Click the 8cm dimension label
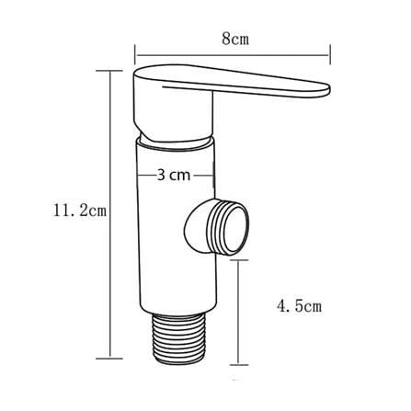coord(235,39)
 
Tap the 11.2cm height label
coord(80,211)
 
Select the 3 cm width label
coord(174,176)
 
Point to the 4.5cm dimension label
coord(300,305)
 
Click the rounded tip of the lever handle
coord(325,89)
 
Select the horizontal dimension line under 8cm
coord(233,55)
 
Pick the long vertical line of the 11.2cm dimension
coord(109,214)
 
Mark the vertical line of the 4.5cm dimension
coord(239,312)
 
